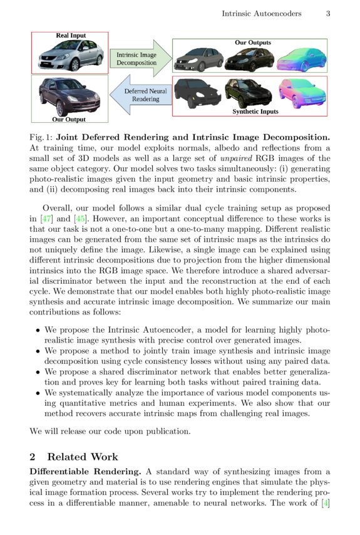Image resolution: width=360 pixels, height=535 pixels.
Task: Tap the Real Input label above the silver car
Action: click(71, 36)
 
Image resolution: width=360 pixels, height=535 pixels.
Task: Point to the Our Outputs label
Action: click(253, 43)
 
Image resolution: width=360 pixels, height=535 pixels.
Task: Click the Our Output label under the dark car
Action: click(69, 119)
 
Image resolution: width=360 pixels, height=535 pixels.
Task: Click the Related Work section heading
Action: click(82, 457)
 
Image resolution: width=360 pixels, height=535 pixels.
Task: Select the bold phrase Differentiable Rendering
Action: click(86, 471)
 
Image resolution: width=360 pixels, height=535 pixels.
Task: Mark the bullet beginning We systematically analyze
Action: click(38, 392)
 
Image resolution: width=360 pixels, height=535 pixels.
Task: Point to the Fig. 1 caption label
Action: click(41, 137)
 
